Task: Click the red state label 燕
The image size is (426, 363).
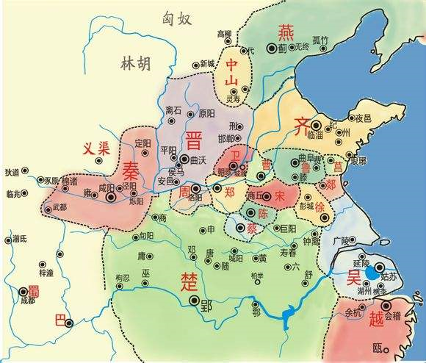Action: [285, 32]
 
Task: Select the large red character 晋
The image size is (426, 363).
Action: [195, 140]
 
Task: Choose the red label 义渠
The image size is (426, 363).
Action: [95, 148]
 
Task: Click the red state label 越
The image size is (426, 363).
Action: [376, 320]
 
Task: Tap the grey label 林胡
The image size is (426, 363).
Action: [134, 64]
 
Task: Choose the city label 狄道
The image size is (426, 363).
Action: [12, 173]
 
